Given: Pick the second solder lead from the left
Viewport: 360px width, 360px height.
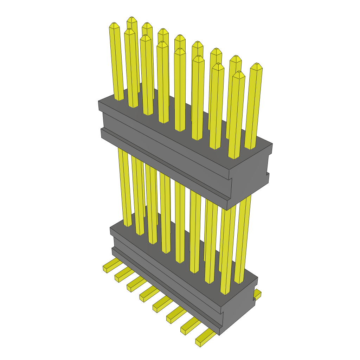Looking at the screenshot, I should pyautogui.click(x=122, y=274).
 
